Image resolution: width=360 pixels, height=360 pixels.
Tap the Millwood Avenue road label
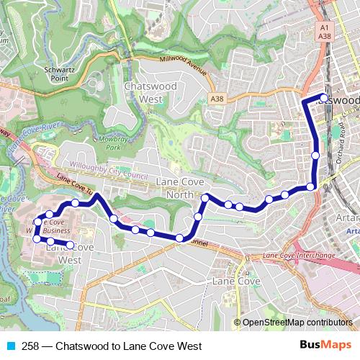[184, 66]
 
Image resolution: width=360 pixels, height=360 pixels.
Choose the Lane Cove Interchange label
[299, 256]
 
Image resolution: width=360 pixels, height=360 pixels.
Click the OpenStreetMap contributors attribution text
[297, 323]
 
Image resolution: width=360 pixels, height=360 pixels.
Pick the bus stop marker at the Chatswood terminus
[324, 98]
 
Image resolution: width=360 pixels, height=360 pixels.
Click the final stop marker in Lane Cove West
[70, 246]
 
